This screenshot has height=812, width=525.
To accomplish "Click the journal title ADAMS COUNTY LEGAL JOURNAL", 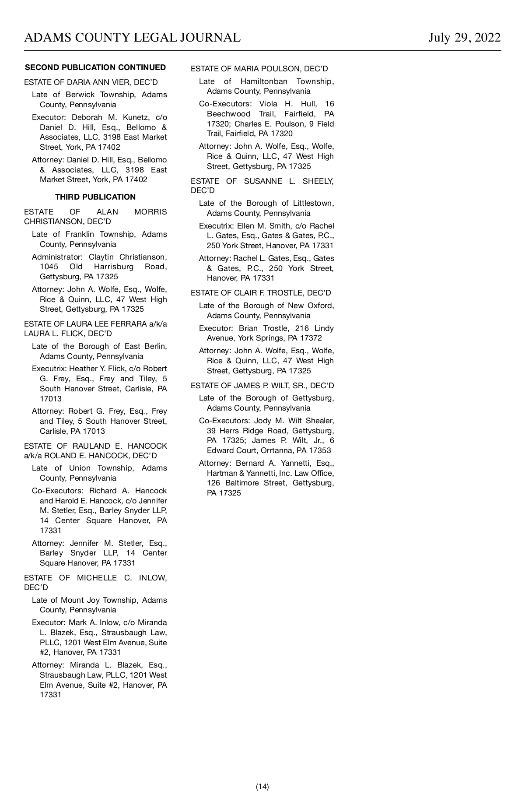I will (x=132, y=38).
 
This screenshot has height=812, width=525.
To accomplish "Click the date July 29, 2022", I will (x=464, y=38).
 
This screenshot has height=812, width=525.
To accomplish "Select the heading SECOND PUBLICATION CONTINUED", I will (x=95, y=67).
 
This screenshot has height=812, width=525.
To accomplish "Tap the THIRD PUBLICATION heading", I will (x=95, y=197).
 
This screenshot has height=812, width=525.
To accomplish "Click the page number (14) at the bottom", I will (x=262, y=787).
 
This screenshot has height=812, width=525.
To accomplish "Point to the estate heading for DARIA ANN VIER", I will (x=91, y=82).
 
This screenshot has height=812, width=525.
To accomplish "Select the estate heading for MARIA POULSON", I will (x=259, y=69).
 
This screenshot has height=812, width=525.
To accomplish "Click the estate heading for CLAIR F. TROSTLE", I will (x=261, y=293).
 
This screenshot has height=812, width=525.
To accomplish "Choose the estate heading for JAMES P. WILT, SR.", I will (x=262, y=386).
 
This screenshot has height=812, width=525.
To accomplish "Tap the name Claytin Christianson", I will (x=127, y=257).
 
